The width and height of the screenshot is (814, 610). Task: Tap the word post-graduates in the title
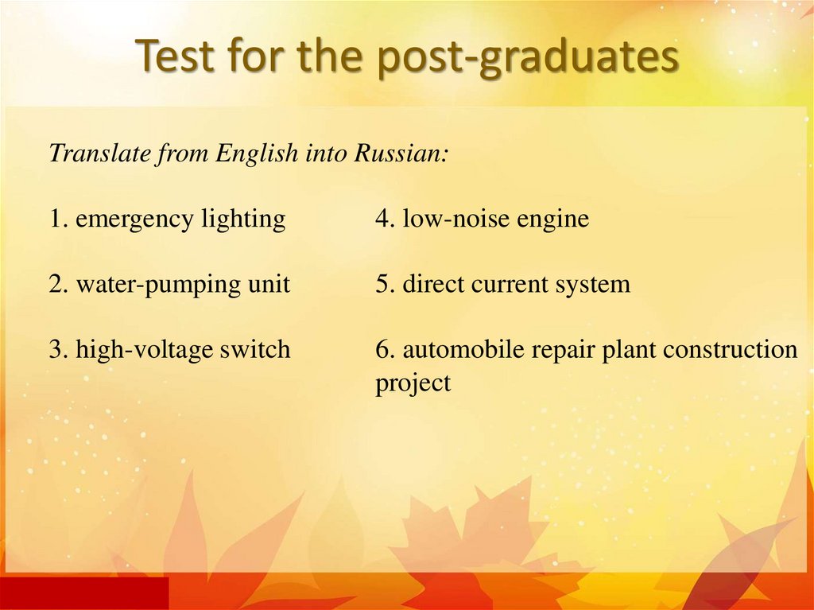click(x=529, y=58)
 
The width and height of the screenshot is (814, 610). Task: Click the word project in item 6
click(x=413, y=383)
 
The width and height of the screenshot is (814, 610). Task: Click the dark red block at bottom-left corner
click(x=83, y=593)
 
